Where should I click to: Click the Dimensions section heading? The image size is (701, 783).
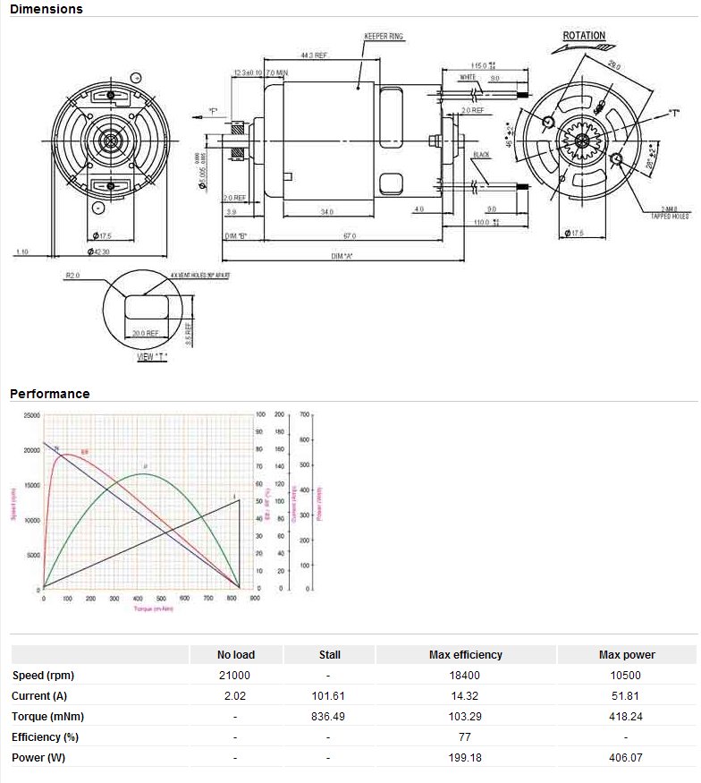pyautogui.click(x=46, y=9)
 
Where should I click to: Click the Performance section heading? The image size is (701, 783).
pyautogui.click(x=50, y=394)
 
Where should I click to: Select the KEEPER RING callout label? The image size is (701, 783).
pyautogui.click(x=384, y=37)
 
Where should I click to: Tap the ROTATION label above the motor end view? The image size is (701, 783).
pyautogui.click(x=584, y=37)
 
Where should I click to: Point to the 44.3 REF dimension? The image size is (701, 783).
pyautogui.click(x=314, y=55)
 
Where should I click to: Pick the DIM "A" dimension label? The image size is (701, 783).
pyautogui.click(x=343, y=257)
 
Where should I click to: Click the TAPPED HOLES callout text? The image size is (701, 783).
pyautogui.click(x=671, y=216)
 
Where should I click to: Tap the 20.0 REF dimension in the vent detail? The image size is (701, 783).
pyautogui.click(x=145, y=333)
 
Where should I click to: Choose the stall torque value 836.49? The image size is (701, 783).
pyautogui.click(x=329, y=717)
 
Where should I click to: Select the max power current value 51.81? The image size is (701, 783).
pyautogui.click(x=626, y=696)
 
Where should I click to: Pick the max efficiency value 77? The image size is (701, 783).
pyautogui.click(x=465, y=737)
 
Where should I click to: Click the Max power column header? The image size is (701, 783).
pyautogui.click(x=626, y=655)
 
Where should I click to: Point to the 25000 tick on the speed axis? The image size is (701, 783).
pyautogui.click(x=31, y=415)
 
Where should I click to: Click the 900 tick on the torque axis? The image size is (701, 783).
pyautogui.click(x=255, y=599)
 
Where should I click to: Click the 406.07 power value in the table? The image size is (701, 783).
pyautogui.click(x=626, y=758)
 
